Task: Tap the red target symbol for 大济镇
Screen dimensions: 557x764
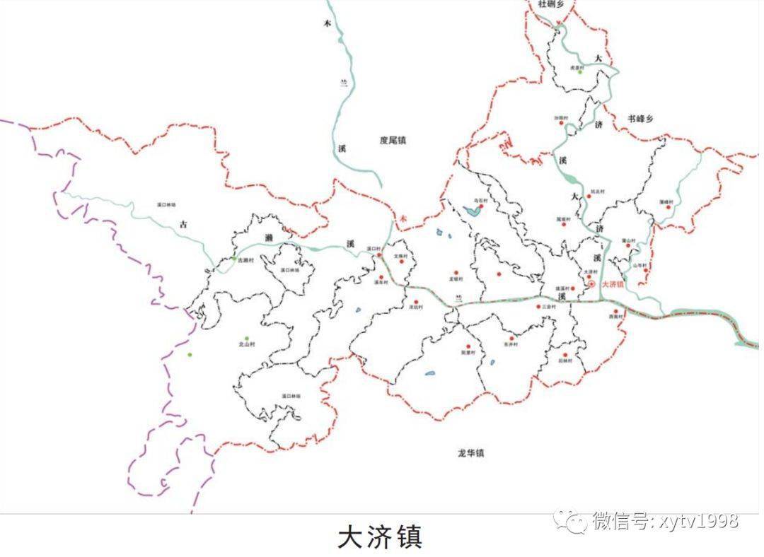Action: pos(592,284)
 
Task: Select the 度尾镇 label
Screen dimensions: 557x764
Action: pos(393,141)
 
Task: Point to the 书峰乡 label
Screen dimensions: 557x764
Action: pos(641,118)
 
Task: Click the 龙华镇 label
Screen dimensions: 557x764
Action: pos(470,453)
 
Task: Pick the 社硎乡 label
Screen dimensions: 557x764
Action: pos(551,4)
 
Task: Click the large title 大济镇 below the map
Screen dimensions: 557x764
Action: pos(380,537)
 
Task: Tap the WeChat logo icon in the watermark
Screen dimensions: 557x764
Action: pos(569,522)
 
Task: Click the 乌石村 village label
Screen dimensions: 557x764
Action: pos(480,201)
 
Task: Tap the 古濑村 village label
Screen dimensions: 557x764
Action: pos(244,260)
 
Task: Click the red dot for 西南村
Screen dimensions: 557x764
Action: pos(615,311)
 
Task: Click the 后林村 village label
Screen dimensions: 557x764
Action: pos(565,360)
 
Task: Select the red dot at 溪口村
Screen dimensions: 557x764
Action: pos(379,255)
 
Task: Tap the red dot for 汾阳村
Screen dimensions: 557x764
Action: pos(562,123)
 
